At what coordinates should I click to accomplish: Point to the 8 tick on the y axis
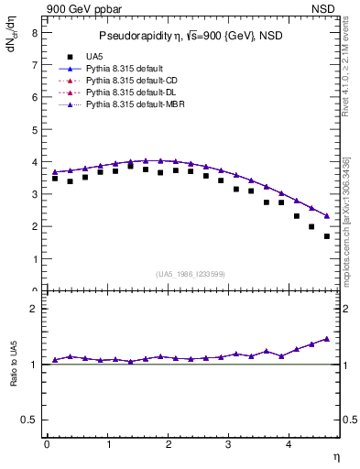tap(34, 32)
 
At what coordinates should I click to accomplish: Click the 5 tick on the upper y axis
tap(34, 129)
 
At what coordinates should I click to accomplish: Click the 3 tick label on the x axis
tap(229, 444)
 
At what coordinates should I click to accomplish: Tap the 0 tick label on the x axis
tap(47, 444)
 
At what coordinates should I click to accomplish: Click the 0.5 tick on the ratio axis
tap(28, 420)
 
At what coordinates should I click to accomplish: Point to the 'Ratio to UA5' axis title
tap(12, 376)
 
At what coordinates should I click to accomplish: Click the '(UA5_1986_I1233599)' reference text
tap(191, 275)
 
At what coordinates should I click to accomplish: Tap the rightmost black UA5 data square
tap(327, 236)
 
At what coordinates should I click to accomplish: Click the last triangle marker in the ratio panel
tap(327, 339)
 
